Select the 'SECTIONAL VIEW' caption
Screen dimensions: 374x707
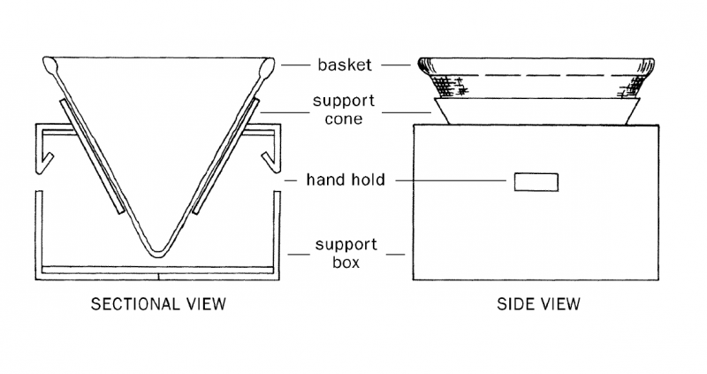tap(160, 305)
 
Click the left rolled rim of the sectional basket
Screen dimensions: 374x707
tap(49, 65)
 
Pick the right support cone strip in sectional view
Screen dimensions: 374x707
tap(229, 155)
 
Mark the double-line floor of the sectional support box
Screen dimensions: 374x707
tap(160, 267)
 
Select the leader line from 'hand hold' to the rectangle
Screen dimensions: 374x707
tap(451, 180)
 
